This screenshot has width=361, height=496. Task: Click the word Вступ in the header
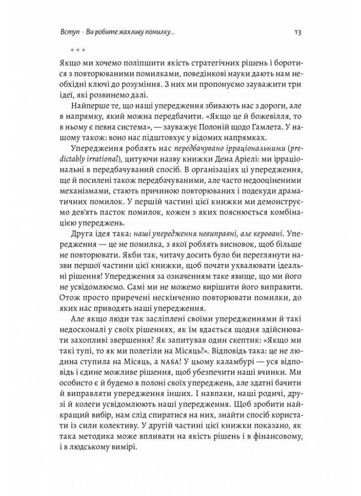[68, 33]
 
